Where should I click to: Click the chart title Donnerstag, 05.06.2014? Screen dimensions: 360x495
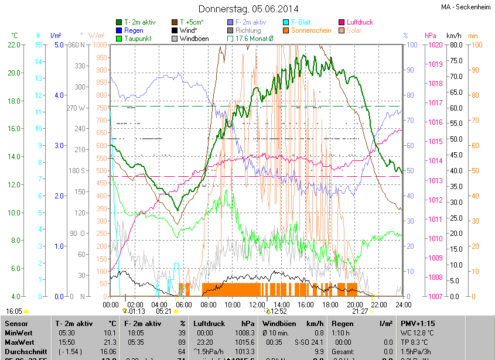click(x=248, y=9)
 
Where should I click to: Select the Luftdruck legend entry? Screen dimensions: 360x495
click(x=359, y=22)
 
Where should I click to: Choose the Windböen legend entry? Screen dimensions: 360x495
click(x=193, y=39)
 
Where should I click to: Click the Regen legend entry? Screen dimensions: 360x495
click(x=133, y=30)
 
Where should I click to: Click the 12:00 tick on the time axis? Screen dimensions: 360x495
click(x=257, y=304)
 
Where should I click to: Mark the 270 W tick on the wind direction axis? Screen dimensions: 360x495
click(x=77, y=108)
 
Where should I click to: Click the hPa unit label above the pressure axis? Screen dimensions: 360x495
click(x=430, y=36)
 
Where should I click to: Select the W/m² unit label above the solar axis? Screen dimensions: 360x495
click(x=97, y=36)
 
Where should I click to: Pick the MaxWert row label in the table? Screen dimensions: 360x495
click(x=19, y=342)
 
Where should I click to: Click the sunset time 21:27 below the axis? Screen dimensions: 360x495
click(x=360, y=312)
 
